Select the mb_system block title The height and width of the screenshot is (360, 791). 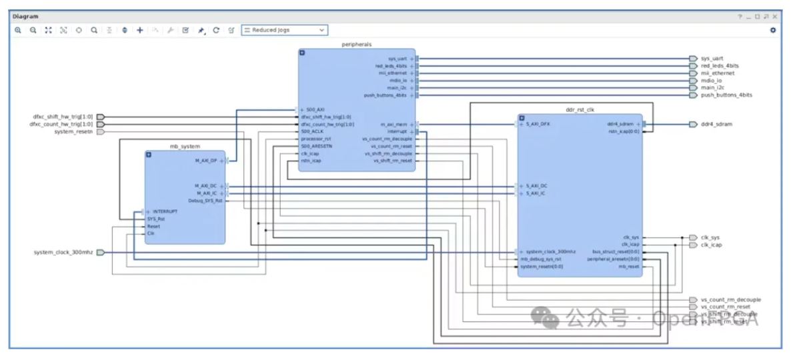[185, 146]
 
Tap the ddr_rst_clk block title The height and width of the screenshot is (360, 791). [579, 109]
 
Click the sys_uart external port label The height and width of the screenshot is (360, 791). [712, 59]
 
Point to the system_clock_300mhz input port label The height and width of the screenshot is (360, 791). [63, 252]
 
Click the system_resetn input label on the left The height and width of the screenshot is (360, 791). [73, 132]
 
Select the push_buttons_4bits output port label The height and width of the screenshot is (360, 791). [726, 95]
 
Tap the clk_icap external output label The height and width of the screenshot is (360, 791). [711, 245]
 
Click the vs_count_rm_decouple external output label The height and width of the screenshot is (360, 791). [730, 300]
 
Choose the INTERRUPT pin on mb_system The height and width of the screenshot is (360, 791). [165, 211]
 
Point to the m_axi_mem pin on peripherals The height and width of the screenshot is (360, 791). [393, 124]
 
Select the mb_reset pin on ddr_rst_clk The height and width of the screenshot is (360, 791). [629, 267]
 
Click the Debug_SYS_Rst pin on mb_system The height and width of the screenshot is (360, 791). [205, 200]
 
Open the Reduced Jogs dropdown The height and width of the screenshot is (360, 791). [285, 30]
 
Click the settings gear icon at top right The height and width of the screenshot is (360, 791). [773, 30]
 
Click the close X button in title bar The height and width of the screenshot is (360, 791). [775, 16]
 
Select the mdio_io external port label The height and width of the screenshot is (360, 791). [711, 81]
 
